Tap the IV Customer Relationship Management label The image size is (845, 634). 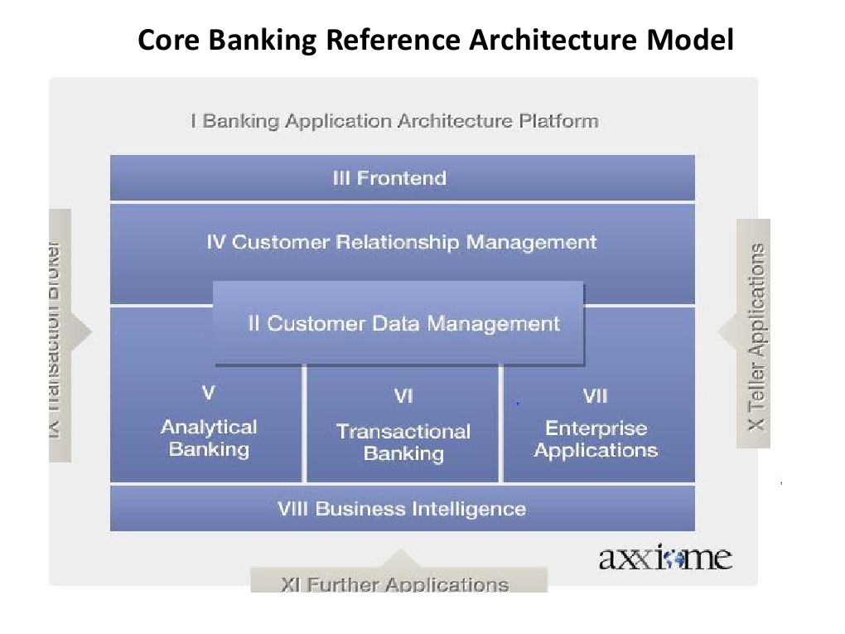[x=402, y=242]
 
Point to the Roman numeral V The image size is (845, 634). [x=209, y=392]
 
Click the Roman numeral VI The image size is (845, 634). [x=403, y=397]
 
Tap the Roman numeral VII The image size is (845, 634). [x=595, y=396]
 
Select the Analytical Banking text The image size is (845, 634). [x=209, y=438]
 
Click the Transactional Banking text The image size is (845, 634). [x=403, y=443]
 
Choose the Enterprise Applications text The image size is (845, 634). [x=596, y=439]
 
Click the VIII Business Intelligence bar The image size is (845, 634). [x=402, y=508]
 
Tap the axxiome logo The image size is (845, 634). [x=665, y=558]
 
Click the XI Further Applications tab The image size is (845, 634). [x=396, y=582]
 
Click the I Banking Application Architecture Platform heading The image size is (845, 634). [x=394, y=121]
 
